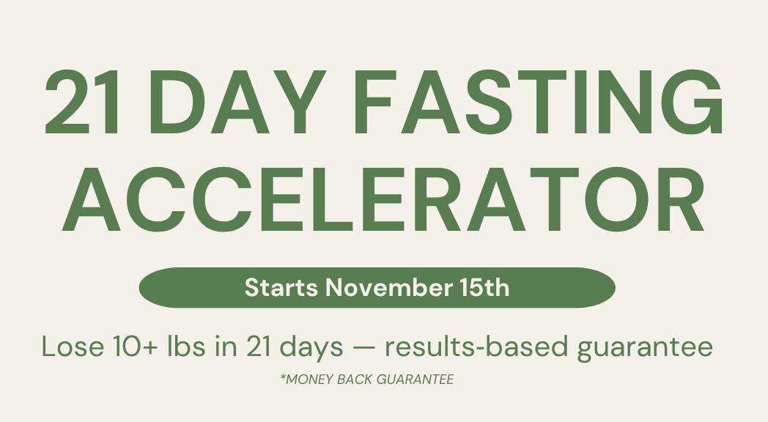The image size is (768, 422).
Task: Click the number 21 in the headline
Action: coord(82,102)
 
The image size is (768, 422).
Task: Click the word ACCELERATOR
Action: coord(383,199)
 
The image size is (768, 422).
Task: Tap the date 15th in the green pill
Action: coord(485,287)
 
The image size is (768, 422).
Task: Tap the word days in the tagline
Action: coord(311,349)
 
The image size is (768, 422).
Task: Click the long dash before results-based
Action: coord(364,348)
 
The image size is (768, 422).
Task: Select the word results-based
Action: coord(476,347)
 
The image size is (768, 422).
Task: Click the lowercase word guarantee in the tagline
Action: coord(645,349)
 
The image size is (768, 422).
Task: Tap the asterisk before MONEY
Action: coord(283,377)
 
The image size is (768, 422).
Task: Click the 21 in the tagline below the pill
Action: coord(259,347)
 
